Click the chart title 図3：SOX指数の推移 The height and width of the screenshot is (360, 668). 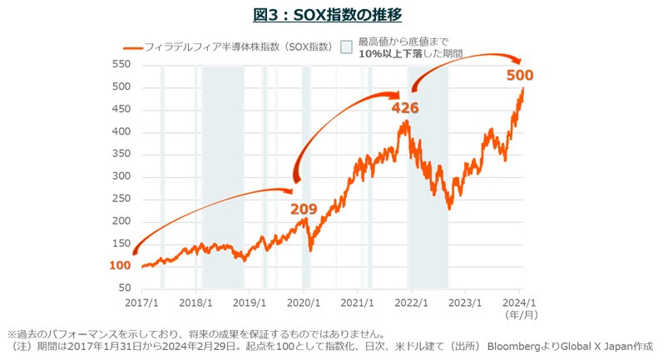point(333,14)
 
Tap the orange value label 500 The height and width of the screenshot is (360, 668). point(520,76)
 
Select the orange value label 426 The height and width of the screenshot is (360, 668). point(405,107)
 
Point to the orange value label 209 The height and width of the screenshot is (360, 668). point(304,208)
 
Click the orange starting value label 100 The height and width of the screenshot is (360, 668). point(120,265)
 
